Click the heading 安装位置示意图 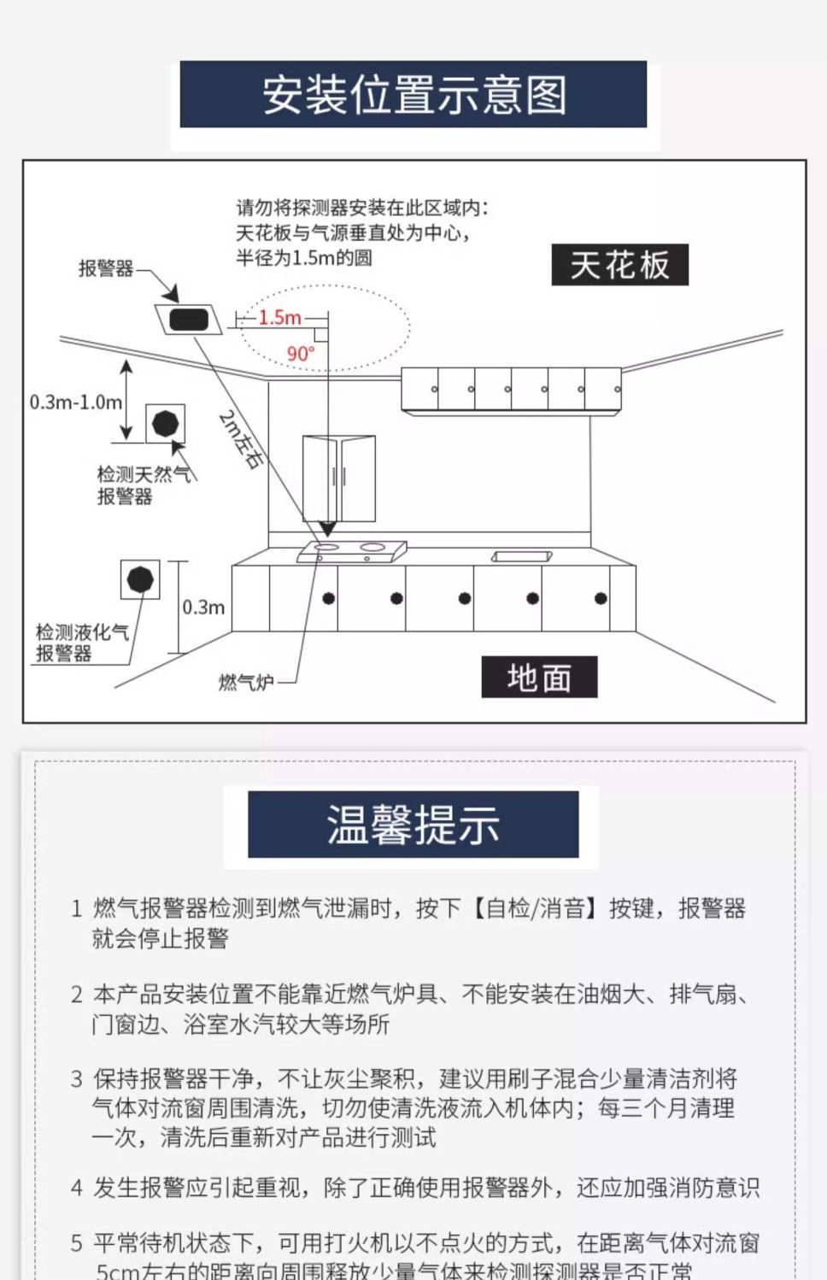click(413, 95)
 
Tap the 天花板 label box click(619, 265)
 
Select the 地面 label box click(539, 678)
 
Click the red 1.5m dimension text click(279, 318)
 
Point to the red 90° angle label click(301, 353)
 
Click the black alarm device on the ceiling click(189, 320)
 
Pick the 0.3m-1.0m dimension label click(75, 402)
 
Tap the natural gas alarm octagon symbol click(165, 423)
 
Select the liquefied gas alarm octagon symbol click(140, 580)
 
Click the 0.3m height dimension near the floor click(203, 608)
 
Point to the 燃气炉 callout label click(246, 682)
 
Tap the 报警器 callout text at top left click(106, 268)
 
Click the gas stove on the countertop click(352, 550)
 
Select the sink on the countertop click(521, 556)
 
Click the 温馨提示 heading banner click(413, 825)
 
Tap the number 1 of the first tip click(77, 908)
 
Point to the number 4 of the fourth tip click(77, 1188)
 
